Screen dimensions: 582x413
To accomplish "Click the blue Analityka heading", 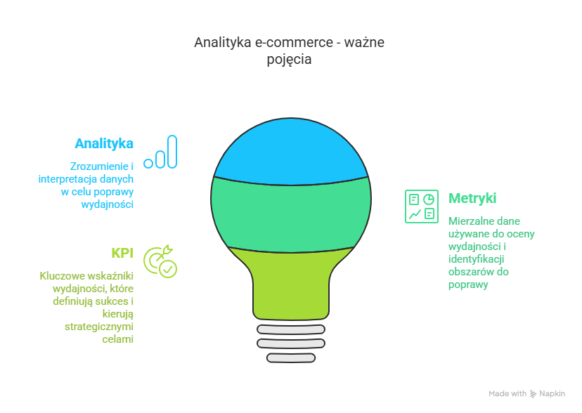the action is pyautogui.click(x=104, y=143).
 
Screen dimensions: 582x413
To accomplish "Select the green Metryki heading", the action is pyautogui.click(x=472, y=198).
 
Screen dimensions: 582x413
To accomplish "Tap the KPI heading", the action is pyautogui.click(x=122, y=254).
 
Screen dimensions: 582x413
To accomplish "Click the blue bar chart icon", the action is pyautogui.click(x=161, y=152).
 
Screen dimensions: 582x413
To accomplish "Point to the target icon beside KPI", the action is pyautogui.click(x=160, y=261).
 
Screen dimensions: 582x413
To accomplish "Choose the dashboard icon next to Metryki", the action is pyautogui.click(x=421, y=206).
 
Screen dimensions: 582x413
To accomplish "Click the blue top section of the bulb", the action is pyautogui.click(x=291, y=152).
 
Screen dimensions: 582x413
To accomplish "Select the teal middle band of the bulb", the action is pyautogui.click(x=291, y=215).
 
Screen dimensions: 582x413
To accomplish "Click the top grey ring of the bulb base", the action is pyautogui.click(x=291, y=329).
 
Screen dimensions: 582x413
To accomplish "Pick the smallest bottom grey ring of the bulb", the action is pyautogui.click(x=291, y=358).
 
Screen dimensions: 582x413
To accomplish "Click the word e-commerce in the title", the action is pyautogui.click(x=294, y=42).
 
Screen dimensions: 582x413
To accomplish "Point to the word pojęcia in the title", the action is pyautogui.click(x=289, y=60).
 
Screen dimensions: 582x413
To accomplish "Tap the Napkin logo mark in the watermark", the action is pyautogui.click(x=533, y=394).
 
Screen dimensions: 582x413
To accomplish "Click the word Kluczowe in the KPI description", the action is pyautogui.click(x=63, y=276).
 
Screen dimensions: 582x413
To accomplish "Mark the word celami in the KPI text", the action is pyautogui.click(x=117, y=339).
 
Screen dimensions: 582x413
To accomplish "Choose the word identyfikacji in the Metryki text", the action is pyautogui.click(x=477, y=259).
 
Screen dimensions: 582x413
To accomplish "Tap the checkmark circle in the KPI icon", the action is pyautogui.click(x=168, y=269).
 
